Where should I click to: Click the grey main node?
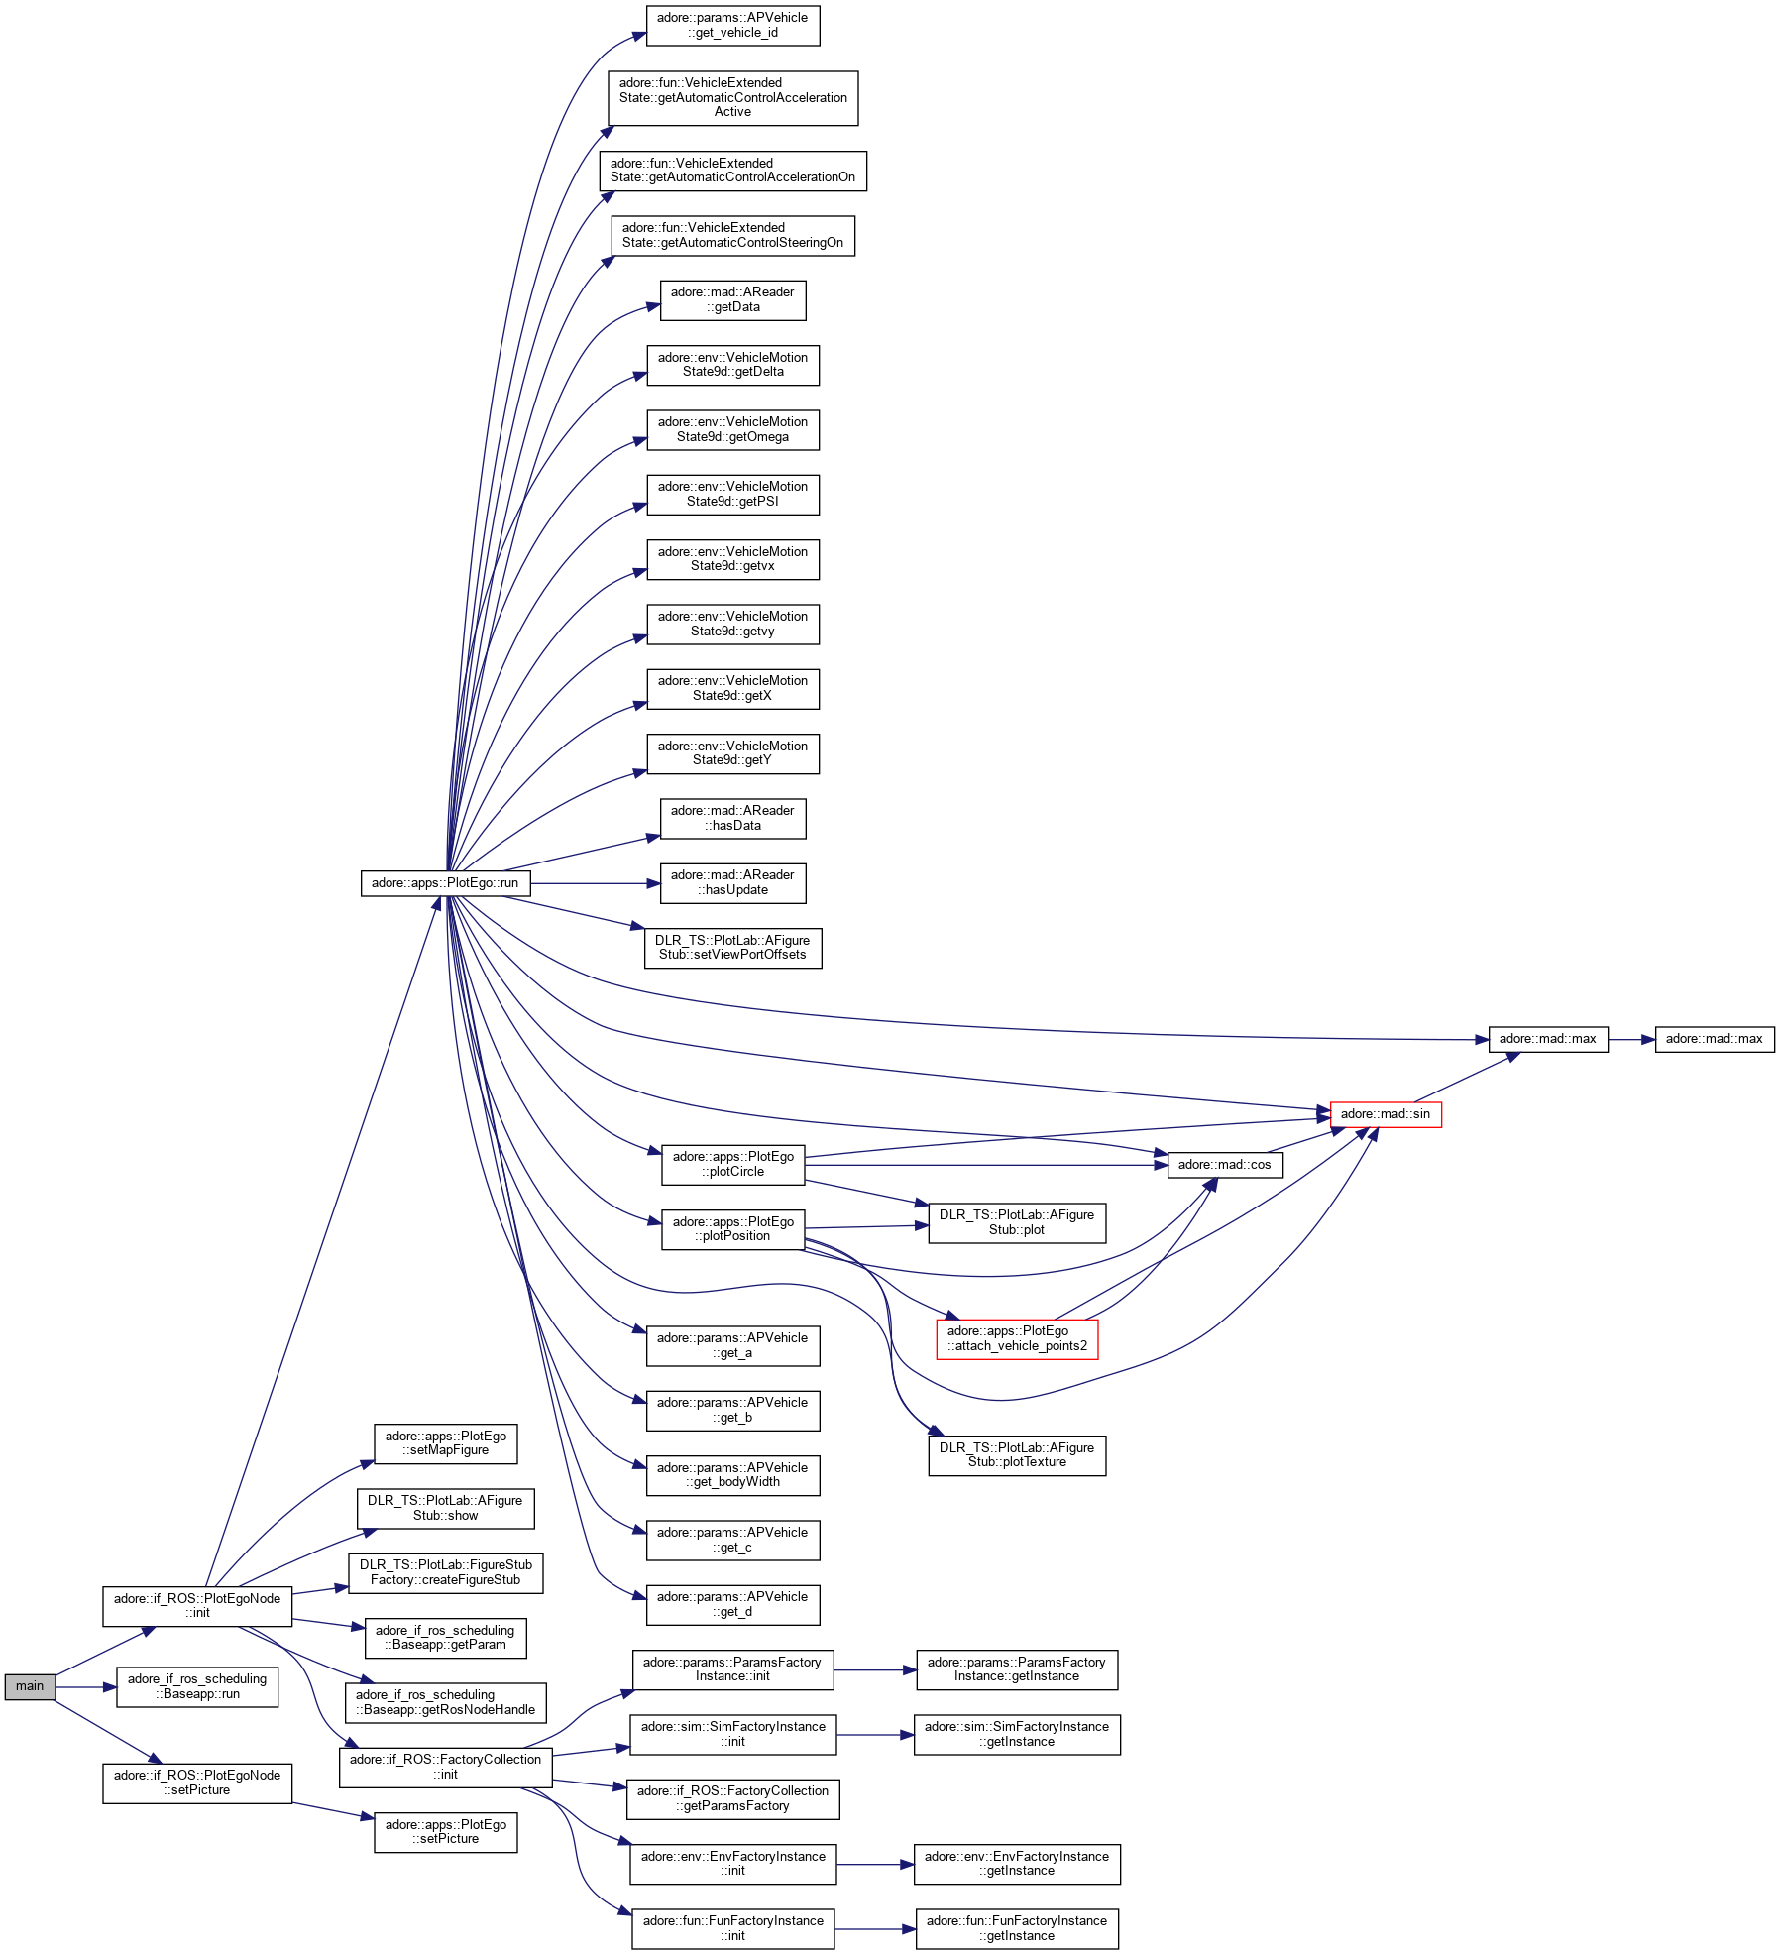coord(30,1686)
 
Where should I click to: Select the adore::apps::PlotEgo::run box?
coord(445,883)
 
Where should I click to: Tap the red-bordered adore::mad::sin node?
coord(1385,1114)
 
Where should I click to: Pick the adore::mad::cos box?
coord(1224,1165)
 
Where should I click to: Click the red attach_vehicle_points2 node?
coord(1017,1338)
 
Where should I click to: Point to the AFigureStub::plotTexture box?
coord(1017,1455)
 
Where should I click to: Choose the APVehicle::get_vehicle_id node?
coord(732,26)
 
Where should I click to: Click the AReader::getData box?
coord(732,300)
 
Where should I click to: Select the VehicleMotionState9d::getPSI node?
coord(732,495)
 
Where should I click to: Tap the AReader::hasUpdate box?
coord(732,883)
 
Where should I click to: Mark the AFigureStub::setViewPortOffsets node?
coord(732,948)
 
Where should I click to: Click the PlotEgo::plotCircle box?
coord(732,1165)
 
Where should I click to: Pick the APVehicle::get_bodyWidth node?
coord(732,1475)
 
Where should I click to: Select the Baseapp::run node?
coord(197,1686)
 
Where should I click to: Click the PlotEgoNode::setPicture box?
coord(197,1783)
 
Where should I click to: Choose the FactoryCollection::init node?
coord(445,1767)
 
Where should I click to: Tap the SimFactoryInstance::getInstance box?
coord(1017,1735)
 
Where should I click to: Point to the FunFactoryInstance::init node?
coord(732,1929)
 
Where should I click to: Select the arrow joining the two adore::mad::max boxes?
coord(1631,1040)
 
